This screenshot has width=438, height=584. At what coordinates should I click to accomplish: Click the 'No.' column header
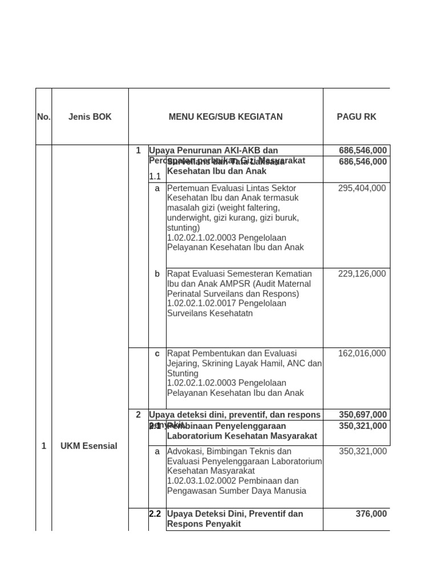[43, 117]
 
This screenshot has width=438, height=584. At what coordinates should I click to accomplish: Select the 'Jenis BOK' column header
[90, 117]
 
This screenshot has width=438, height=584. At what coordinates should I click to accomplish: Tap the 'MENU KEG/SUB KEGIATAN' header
[225, 117]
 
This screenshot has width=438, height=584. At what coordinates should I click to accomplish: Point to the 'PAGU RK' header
[356, 117]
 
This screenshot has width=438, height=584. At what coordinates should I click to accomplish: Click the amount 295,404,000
[362, 188]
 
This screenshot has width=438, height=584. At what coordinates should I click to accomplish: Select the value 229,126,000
[362, 274]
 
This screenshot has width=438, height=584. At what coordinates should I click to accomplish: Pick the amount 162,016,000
[362, 354]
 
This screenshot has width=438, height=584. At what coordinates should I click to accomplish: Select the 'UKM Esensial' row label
[88, 446]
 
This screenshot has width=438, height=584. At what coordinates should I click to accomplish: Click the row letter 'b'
[157, 274]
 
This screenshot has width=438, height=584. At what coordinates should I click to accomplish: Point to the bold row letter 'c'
[157, 354]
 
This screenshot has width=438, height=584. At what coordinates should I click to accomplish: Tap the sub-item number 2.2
[155, 514]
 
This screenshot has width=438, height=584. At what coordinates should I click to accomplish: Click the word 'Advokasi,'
[185, 451]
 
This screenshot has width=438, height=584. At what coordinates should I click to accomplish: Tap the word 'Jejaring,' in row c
[184, 363]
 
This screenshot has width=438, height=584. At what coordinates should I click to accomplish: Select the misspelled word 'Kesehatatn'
[232, 313]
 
